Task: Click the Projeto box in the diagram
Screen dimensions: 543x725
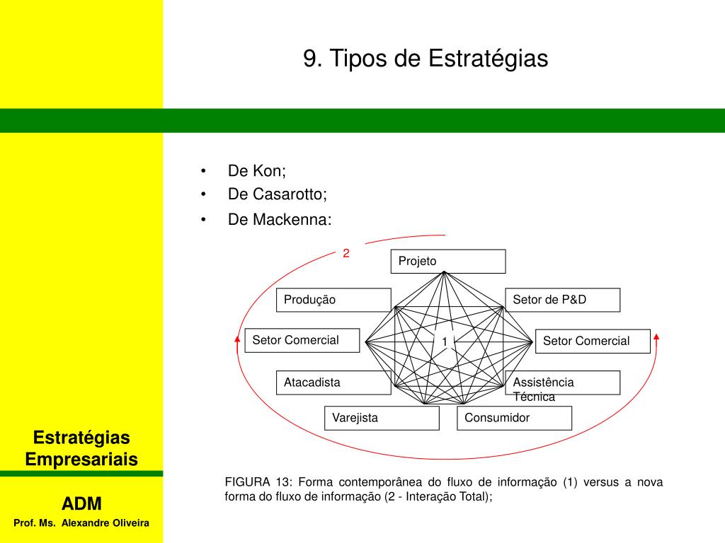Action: point(447,261)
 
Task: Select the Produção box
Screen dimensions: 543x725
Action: point(333,300)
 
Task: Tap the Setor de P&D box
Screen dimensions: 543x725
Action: point(562,300)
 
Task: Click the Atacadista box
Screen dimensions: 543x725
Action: point(333,383)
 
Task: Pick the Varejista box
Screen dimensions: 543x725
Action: point(382,418)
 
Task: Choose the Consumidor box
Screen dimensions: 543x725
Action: point(514,418)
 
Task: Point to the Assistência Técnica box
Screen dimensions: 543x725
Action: point(562,383)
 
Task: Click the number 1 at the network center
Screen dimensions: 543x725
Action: point(445,342)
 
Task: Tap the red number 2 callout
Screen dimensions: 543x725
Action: point(346,252)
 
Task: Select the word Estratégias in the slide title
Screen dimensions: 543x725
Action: point(488,59)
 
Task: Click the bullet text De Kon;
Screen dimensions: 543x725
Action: point(257,171)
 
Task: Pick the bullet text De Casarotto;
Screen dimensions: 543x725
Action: point(278,194)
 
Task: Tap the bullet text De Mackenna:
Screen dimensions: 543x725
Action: point(279,219)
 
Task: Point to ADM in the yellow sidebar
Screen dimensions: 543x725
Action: point(81,503)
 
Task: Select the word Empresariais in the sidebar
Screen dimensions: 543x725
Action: point(81,460)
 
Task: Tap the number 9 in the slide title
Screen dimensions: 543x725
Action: point(309,59)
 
